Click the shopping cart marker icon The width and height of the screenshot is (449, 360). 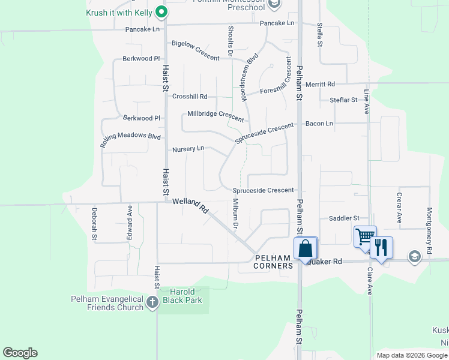[x=364, y=236]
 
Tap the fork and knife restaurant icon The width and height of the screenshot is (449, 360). [x=381, y=247]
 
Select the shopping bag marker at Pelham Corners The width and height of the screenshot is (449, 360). [x=305, y=248]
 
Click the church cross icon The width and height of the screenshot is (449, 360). [x=152, y=302]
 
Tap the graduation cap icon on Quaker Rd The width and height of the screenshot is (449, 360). [x=414, y=257]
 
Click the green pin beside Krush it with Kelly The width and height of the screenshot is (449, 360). [x=161, y=11]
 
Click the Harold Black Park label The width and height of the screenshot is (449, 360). [x=185, y=296]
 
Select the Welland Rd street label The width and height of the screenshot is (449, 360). [x=190, y=206]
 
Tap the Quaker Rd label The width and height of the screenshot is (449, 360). [x=325, y=262]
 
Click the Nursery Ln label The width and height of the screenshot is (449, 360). [x=188, y=149]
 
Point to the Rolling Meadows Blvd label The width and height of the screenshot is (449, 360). [x=130, y=139]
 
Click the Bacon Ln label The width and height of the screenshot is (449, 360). [x=319, y=124]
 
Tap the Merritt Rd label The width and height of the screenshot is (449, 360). [x=320, y=85]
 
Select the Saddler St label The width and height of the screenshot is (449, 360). [x=339, y=218]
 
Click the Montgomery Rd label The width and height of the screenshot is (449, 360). [x=429, y=222]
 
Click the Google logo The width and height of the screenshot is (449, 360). [x=20, y=353]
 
